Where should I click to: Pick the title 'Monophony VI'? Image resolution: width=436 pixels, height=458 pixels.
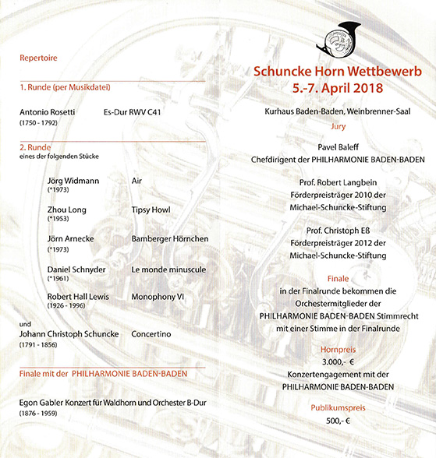[158, 297]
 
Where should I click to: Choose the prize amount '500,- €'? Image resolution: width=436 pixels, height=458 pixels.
[337, 420]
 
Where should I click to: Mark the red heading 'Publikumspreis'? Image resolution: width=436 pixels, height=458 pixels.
[337, 407]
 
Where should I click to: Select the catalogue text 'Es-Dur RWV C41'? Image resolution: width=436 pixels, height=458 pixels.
[143, 112]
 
